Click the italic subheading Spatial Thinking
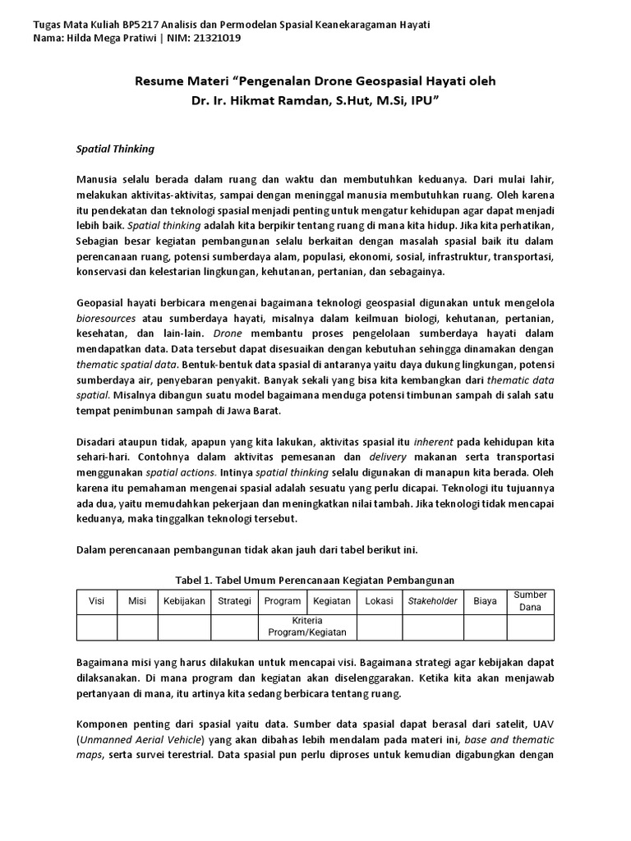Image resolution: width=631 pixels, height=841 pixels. (109, 149)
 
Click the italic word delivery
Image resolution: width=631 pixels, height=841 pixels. (388, 456)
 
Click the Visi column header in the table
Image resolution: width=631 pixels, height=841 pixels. (96, 601)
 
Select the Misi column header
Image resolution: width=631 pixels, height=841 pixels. (137, 601)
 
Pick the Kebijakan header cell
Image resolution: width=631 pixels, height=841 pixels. (183, 601)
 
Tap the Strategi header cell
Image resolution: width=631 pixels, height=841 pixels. (234, 601)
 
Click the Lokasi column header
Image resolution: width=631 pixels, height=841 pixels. (379, 601)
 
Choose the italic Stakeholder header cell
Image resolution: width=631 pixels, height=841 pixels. (432, 601)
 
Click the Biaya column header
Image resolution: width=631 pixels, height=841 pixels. (485, 601)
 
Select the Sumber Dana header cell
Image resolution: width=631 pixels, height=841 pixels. (530, 601)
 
